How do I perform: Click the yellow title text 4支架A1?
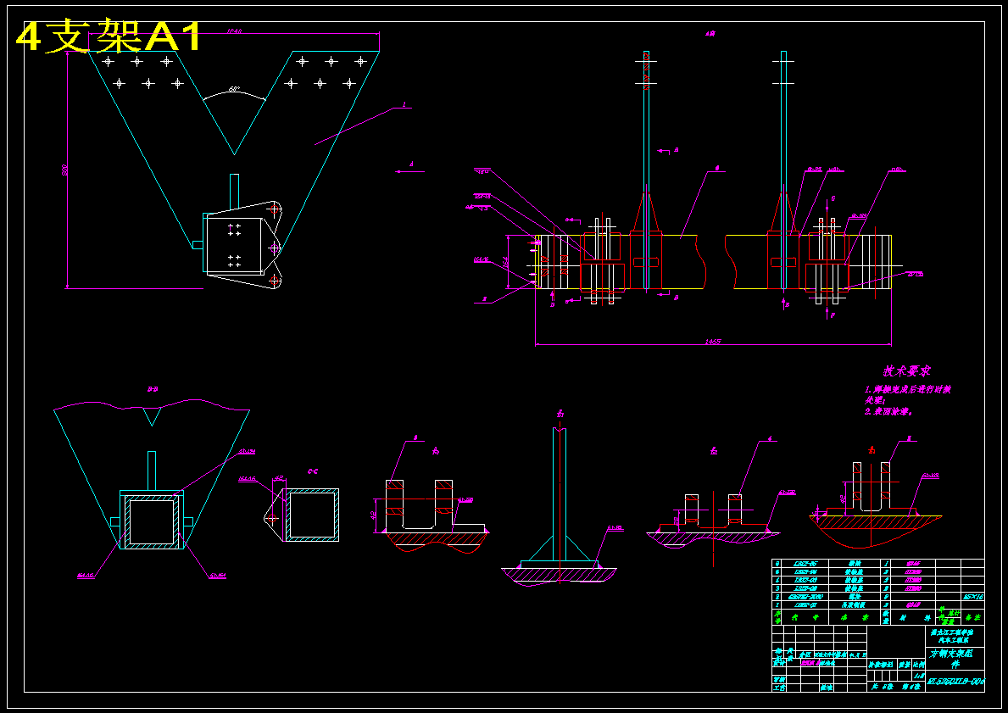110,36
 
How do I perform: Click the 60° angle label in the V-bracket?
234,89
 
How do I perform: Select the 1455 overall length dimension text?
712,342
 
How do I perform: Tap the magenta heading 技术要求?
907,370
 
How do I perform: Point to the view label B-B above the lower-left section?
153,389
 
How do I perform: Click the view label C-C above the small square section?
313,471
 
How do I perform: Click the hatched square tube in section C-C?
313,515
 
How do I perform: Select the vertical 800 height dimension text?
64,170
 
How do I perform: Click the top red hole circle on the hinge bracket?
274,208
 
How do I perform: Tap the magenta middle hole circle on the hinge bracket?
274,248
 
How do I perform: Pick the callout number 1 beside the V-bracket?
404,105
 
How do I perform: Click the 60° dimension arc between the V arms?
234,97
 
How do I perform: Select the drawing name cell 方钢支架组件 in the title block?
951,658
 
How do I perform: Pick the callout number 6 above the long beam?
717,169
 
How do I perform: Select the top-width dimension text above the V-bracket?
235,31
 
